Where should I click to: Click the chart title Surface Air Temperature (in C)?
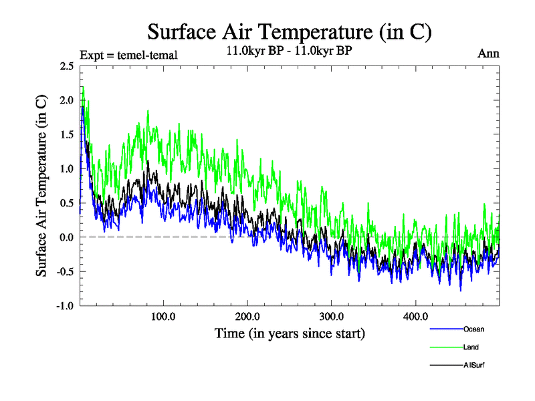290,32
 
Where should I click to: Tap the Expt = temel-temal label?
128,55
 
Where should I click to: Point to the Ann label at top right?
488,53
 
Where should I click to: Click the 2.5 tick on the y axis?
66,66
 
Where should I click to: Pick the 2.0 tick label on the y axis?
66,100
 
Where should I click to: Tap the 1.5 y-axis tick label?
66,134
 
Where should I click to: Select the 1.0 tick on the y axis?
66,168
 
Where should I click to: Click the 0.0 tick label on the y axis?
66,237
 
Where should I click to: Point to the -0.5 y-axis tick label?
64,271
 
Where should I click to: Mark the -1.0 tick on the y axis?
64,305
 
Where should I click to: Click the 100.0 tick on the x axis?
163,316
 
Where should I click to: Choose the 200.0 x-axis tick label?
247,316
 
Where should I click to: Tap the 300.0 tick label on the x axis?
332,316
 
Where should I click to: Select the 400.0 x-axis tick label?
416,316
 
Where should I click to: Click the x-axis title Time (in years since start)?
290,332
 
